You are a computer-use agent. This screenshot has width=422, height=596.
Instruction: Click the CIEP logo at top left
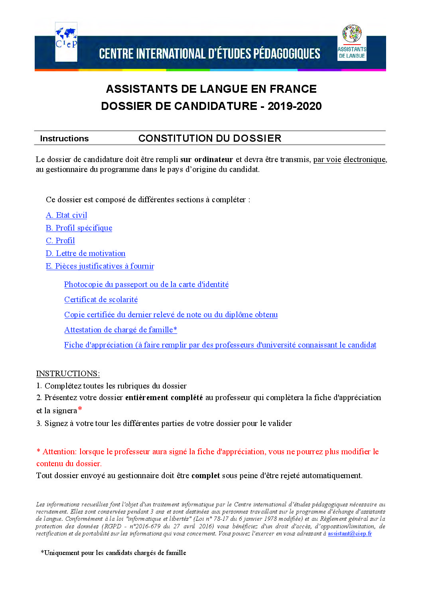pyautogui.click(x=66, y=42)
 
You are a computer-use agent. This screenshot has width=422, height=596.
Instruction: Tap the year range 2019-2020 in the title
pyautogui.click(x=294, y=106)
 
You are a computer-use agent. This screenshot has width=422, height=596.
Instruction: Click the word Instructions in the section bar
pyautogui.click(x=64, y=139)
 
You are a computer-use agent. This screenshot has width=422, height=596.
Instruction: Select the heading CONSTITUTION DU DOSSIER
pyautogui.click(x=210, y=139)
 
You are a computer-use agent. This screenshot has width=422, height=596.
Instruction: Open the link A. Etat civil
pyautogui.click(x=67, y=215)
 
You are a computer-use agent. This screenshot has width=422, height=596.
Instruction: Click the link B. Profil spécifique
pyautogui.click(x=79, y=228)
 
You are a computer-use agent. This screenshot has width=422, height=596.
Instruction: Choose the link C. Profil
pyautogui.click(x=60, y=241)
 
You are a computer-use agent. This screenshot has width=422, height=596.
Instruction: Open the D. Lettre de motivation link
pyautogui.click(x=85, y=254)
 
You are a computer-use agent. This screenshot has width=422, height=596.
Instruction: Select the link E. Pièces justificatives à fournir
pyautogui.click(x=100, y=266)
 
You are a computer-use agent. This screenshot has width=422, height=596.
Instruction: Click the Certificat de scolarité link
pyautogui.click(x=101, y=300)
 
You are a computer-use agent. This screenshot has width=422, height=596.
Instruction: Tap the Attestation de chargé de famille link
pyautogui.click(x=120, y=330)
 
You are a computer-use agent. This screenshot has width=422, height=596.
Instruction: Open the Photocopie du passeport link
pyautogui.click(x=146, y=285)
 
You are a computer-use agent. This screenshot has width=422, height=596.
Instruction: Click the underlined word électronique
pyautogui.click(x=364, y=160)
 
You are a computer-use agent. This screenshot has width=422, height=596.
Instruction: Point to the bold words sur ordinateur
pyautogui.click(x=207, y=160)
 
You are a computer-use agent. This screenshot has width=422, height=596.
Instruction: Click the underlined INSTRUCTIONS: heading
pyautogui.click(x=68, y=374)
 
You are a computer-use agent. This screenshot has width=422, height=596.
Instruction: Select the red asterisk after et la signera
pyautogui.click(x=80, y=409)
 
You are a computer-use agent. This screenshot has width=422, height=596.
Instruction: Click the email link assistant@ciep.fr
pyautogui.click(x=350, y=534)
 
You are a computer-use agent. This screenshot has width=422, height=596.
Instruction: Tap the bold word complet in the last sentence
pyautogui.click(x=205, y=476)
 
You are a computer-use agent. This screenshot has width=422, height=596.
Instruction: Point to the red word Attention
pyautogui.click(x=59, y=452)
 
